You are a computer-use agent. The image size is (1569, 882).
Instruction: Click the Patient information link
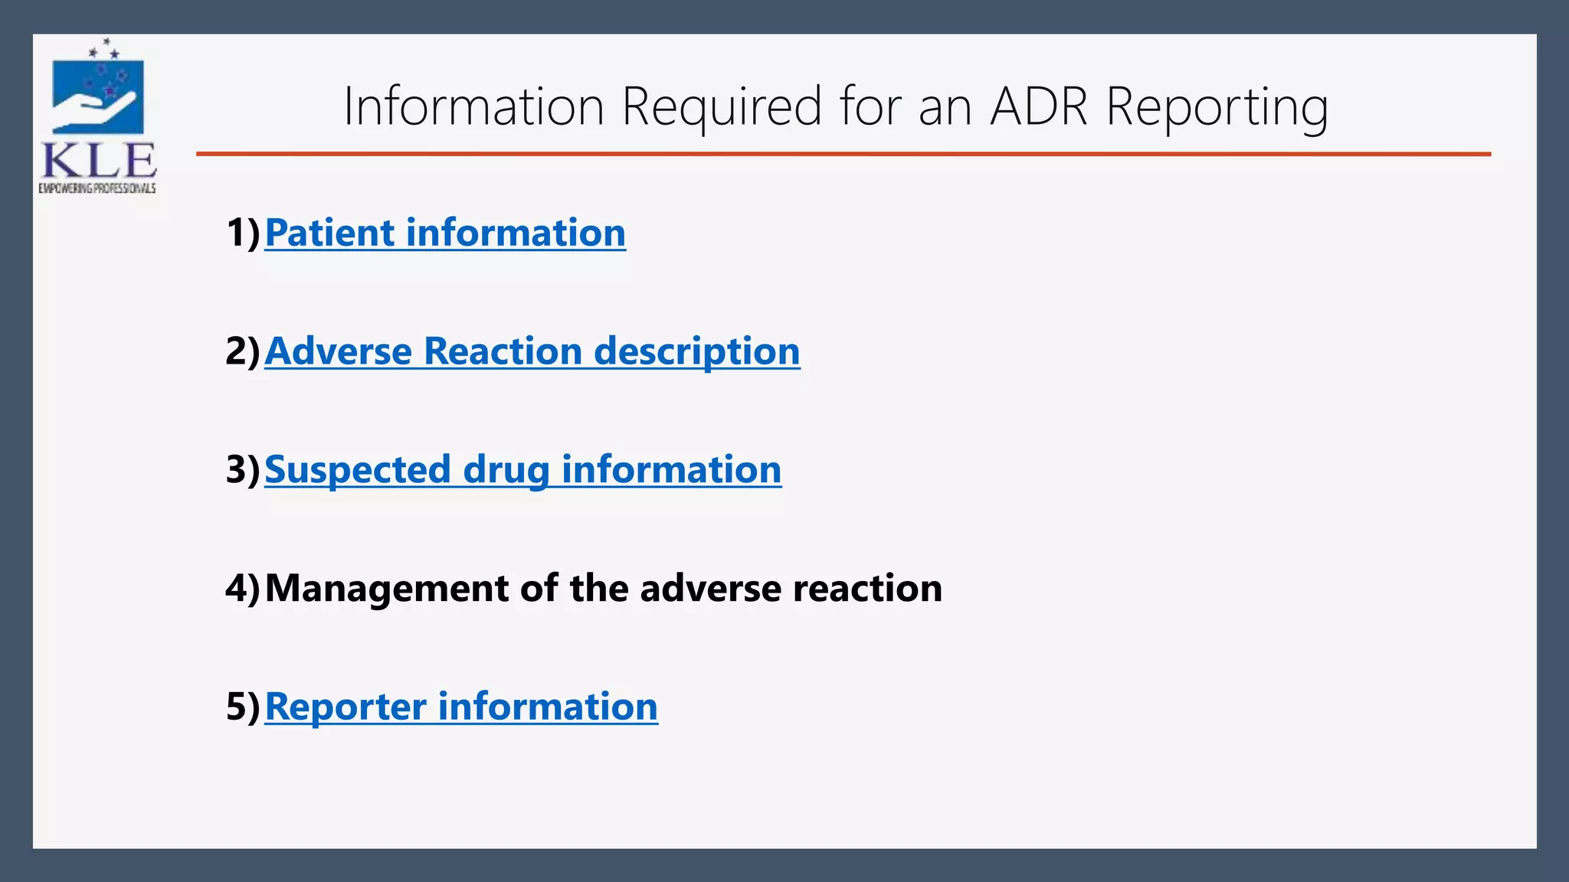pos(444,233)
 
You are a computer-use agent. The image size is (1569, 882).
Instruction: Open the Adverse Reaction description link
pos(532,351)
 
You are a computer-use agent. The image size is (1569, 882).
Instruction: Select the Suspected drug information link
pos(522,469)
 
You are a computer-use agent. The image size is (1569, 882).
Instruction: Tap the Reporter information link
pos(460,706)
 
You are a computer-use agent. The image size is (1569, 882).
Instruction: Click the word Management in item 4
pos(386,589)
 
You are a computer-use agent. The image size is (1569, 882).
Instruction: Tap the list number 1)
pos(244,233)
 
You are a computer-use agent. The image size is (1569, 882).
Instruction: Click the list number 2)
pos(244,351)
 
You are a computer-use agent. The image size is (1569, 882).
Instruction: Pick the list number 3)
pos(244,469)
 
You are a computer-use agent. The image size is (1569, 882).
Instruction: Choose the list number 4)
pos(244,589)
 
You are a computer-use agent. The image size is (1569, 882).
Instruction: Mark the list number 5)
pos(244,706)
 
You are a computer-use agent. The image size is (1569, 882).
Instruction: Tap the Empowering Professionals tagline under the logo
pos(97,188)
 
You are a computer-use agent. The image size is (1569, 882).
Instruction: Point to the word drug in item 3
pos(506,469)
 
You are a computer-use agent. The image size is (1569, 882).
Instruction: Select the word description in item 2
pos(696,351)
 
